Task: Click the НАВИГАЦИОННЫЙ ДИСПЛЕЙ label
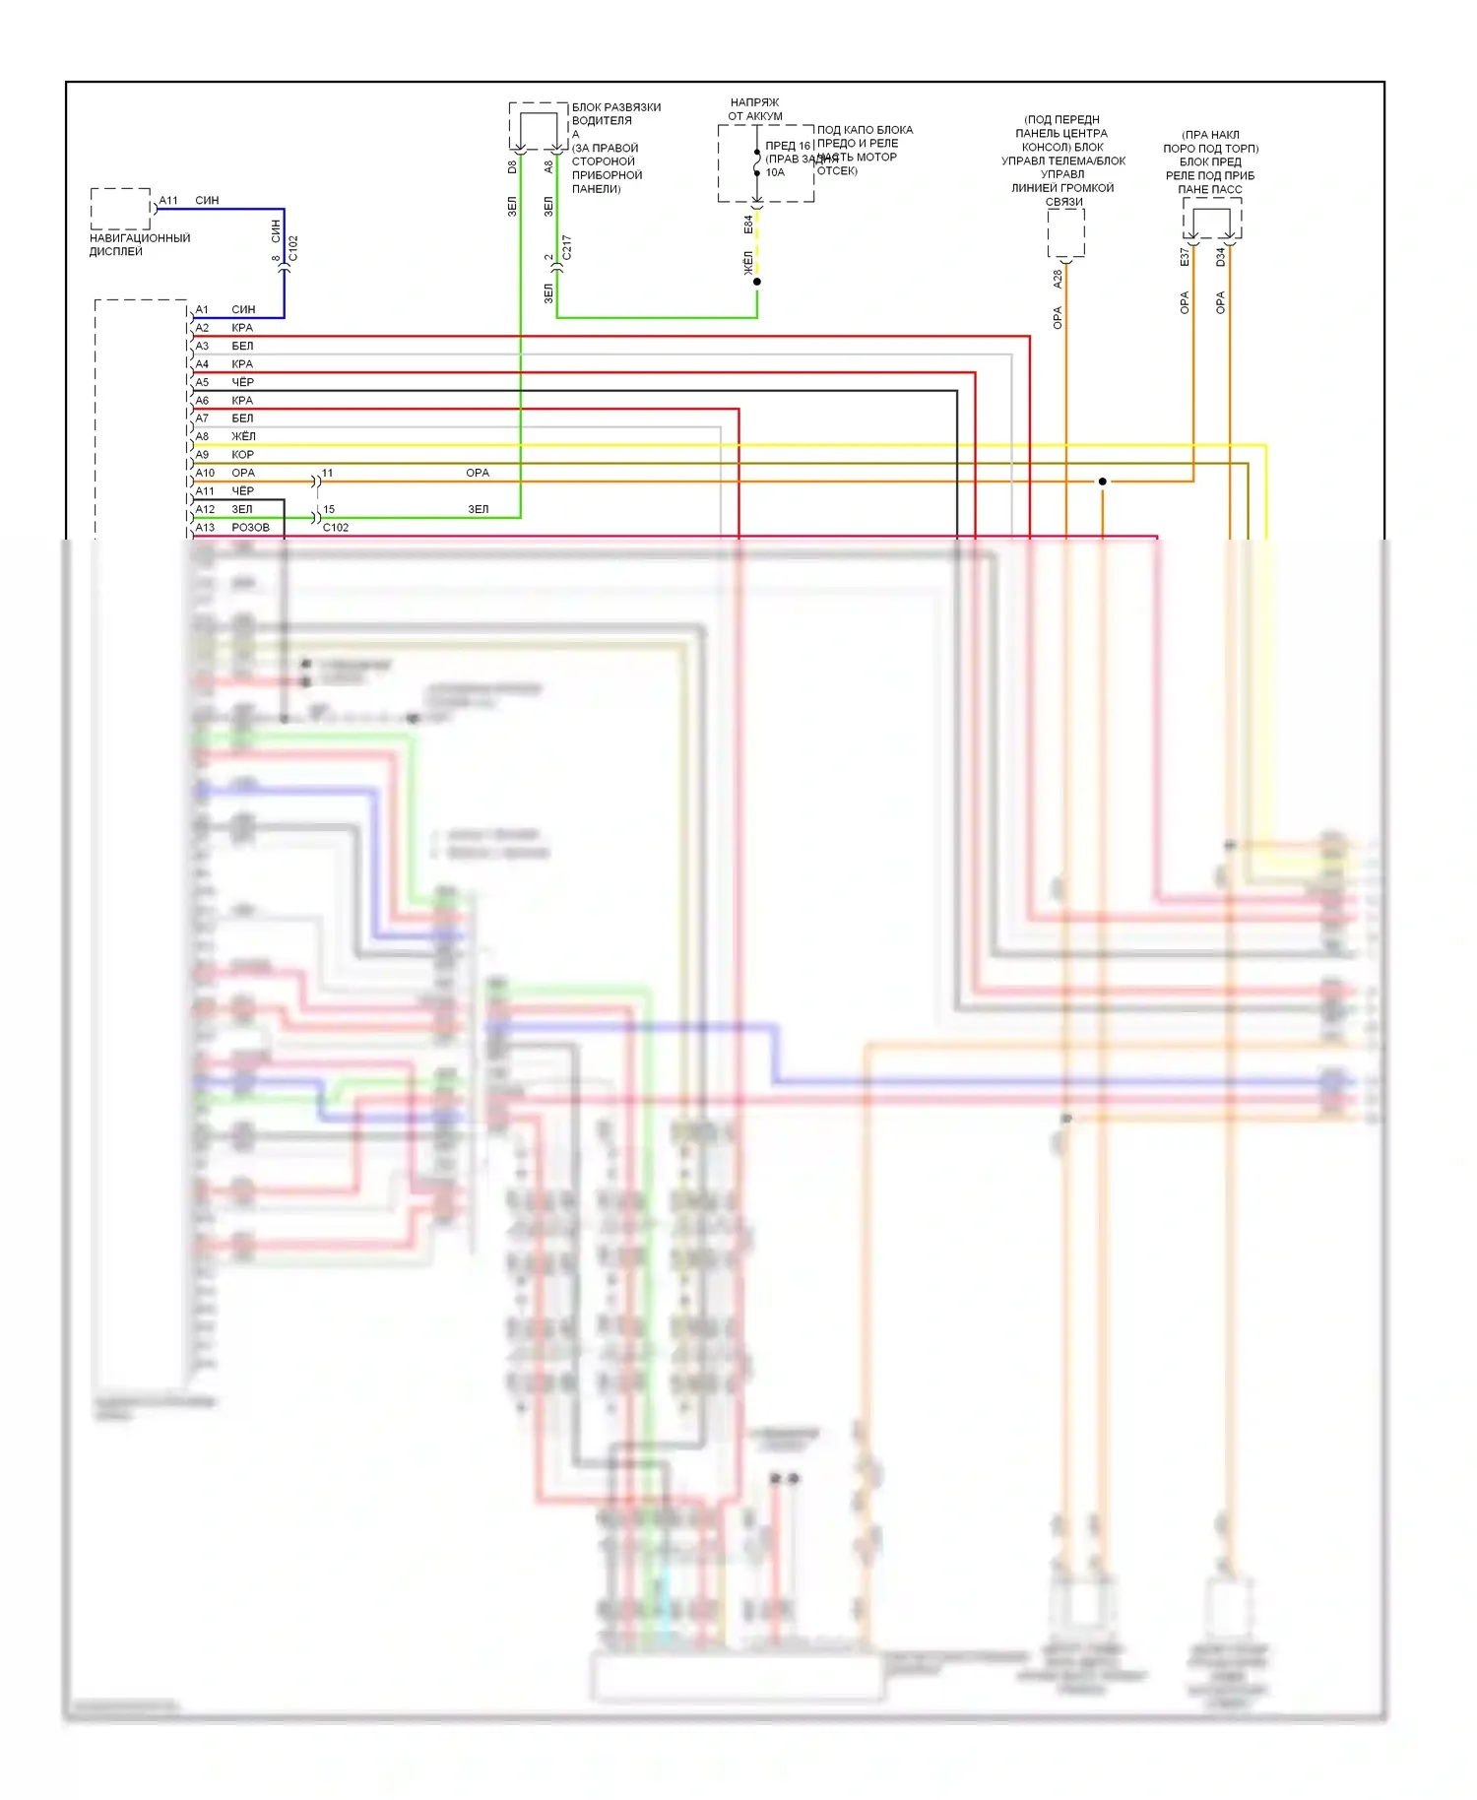139,244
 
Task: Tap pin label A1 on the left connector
202,309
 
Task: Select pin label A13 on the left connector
205,527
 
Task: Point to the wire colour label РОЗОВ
250,527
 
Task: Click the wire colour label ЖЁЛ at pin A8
243,436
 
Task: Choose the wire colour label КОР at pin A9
242,454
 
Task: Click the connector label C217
566,246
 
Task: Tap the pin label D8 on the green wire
512,167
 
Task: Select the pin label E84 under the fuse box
748,225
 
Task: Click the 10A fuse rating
775,172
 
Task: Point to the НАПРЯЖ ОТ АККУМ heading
755,108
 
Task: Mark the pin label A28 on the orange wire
1058,279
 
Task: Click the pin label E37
1185,256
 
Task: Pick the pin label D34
1221,256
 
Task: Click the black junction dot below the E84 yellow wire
757,282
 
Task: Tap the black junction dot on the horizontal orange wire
1102,482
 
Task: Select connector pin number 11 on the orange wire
328,473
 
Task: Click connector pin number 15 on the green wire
329,509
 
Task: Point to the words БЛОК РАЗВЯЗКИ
616,107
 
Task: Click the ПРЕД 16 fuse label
788,146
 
